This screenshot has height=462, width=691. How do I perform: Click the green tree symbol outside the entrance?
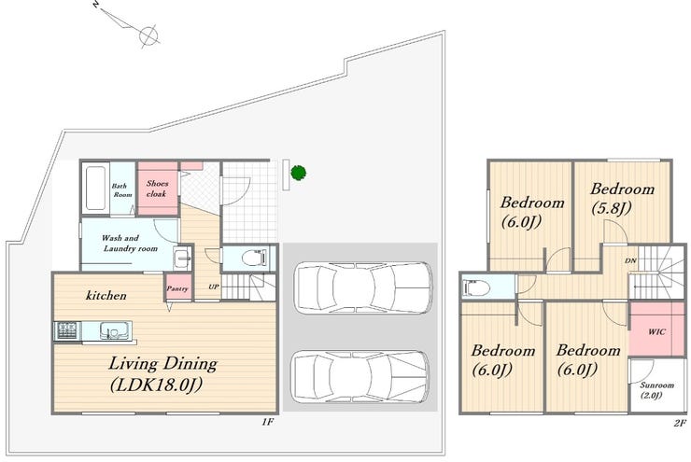pos(299,173)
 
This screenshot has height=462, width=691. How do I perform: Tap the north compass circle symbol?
pos(148,35)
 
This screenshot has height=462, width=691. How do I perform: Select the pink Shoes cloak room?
pos(158,189)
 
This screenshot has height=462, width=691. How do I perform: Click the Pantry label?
pos(177,288)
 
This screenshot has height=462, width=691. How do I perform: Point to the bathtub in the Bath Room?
pos(96,188)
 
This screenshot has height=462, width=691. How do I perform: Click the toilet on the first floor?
pos(255,258)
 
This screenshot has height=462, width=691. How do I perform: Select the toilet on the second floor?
pos(476,288)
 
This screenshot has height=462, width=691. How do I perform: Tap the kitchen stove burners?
pos(66,330)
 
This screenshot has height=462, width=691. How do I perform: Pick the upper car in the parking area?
pos(363,288)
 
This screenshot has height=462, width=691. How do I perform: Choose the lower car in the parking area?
pos(360,376)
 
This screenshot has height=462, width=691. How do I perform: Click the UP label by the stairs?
pos(213,287)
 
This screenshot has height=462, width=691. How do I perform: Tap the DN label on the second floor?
pos(630,260)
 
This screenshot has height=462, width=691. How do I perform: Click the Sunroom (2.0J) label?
pos(656,390)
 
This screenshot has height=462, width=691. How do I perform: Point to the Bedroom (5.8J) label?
pos(622,198)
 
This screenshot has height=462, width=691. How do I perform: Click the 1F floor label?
pos(268,422)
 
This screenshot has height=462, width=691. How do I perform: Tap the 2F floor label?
pos(680,423)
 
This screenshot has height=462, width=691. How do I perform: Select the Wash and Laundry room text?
pos(130,243)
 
